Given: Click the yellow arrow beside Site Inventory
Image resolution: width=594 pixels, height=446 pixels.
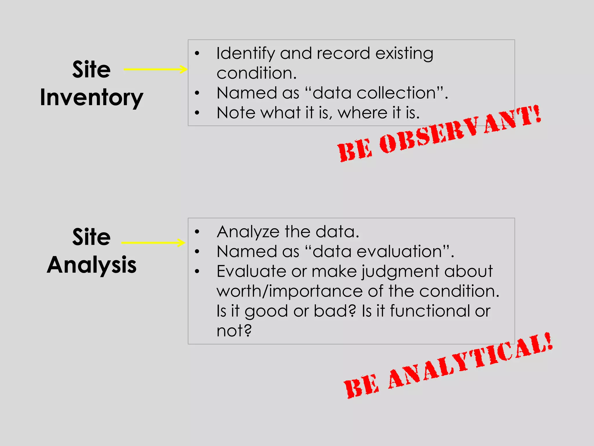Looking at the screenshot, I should point(155,69).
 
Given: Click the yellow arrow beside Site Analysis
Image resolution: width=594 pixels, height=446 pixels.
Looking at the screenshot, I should point(153,242).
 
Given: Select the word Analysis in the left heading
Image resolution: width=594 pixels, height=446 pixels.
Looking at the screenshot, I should point(92,265).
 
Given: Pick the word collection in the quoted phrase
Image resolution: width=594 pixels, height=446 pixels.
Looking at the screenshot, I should point(396,93).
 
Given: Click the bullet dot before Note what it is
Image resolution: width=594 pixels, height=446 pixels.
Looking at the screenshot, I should point(197,113).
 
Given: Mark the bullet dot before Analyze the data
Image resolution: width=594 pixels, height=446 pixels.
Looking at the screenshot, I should point(197,232).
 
